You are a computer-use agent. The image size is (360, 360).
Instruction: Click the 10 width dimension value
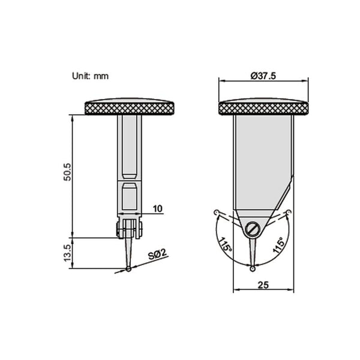157,209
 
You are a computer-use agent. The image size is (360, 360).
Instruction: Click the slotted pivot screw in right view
252,229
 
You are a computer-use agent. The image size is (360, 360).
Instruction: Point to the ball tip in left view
130,268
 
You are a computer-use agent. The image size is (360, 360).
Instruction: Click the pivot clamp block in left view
128,230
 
